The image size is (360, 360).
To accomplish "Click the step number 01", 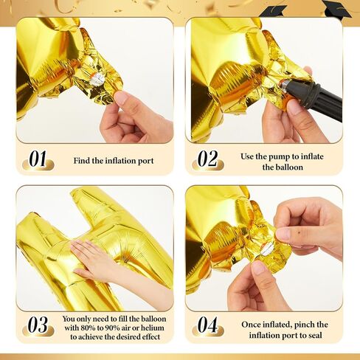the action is click(38, 159).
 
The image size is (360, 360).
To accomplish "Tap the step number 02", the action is click(208, 159).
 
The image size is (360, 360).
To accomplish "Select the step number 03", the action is click(38, 325).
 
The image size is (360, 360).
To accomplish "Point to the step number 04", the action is click(208, 325).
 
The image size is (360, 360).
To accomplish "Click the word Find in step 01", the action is click(82, 161).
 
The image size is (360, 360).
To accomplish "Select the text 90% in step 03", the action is click(113, 328).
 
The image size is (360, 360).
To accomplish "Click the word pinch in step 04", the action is click(304, 325).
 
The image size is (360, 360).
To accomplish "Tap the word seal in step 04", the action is click(314, 335).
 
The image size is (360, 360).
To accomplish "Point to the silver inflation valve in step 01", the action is click(97, 79).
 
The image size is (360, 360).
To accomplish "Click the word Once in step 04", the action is click(252, 325).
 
